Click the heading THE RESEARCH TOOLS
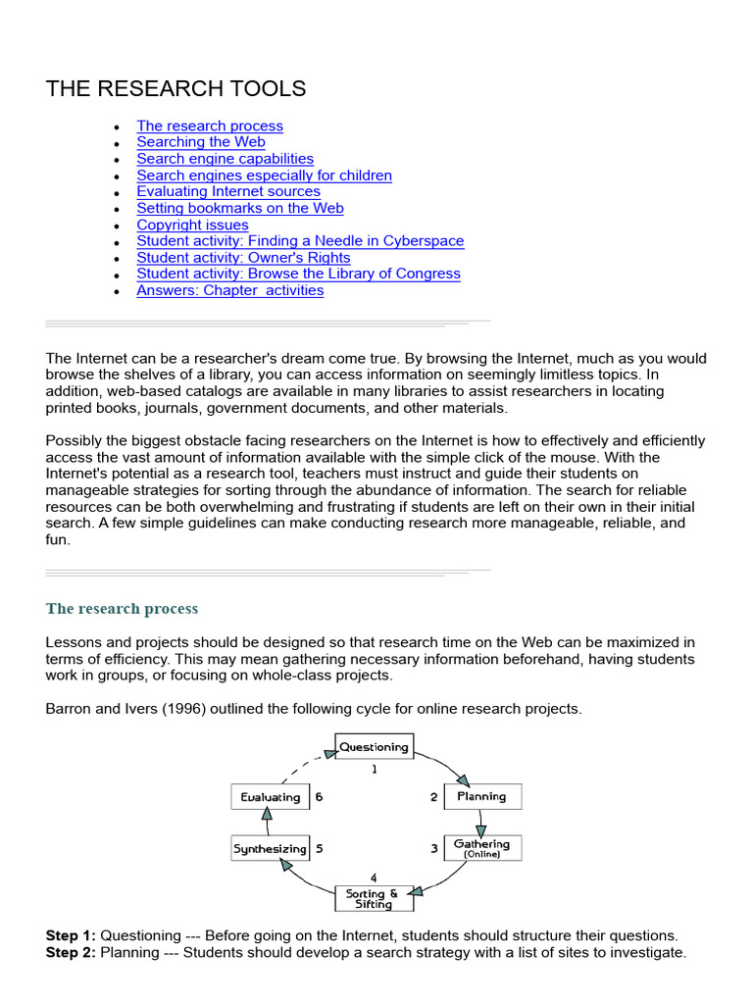point(176,89)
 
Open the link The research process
point(210,125)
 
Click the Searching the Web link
point(201,142)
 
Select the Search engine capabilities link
point(226,159)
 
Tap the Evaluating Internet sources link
point(228,191)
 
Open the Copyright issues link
point(192,225)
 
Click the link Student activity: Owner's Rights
point(243,258)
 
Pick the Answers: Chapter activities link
point(229,290)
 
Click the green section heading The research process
point(122,609)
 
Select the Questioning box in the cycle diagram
point(374,747)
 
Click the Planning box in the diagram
point(482,797)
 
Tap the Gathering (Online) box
point(482,848)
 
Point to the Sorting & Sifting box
point(373,898)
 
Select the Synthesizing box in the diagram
point(270,849)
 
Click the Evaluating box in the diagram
point(270,797)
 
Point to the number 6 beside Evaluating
point(319,797)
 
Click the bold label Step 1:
point(71,935)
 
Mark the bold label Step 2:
point(71,952)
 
